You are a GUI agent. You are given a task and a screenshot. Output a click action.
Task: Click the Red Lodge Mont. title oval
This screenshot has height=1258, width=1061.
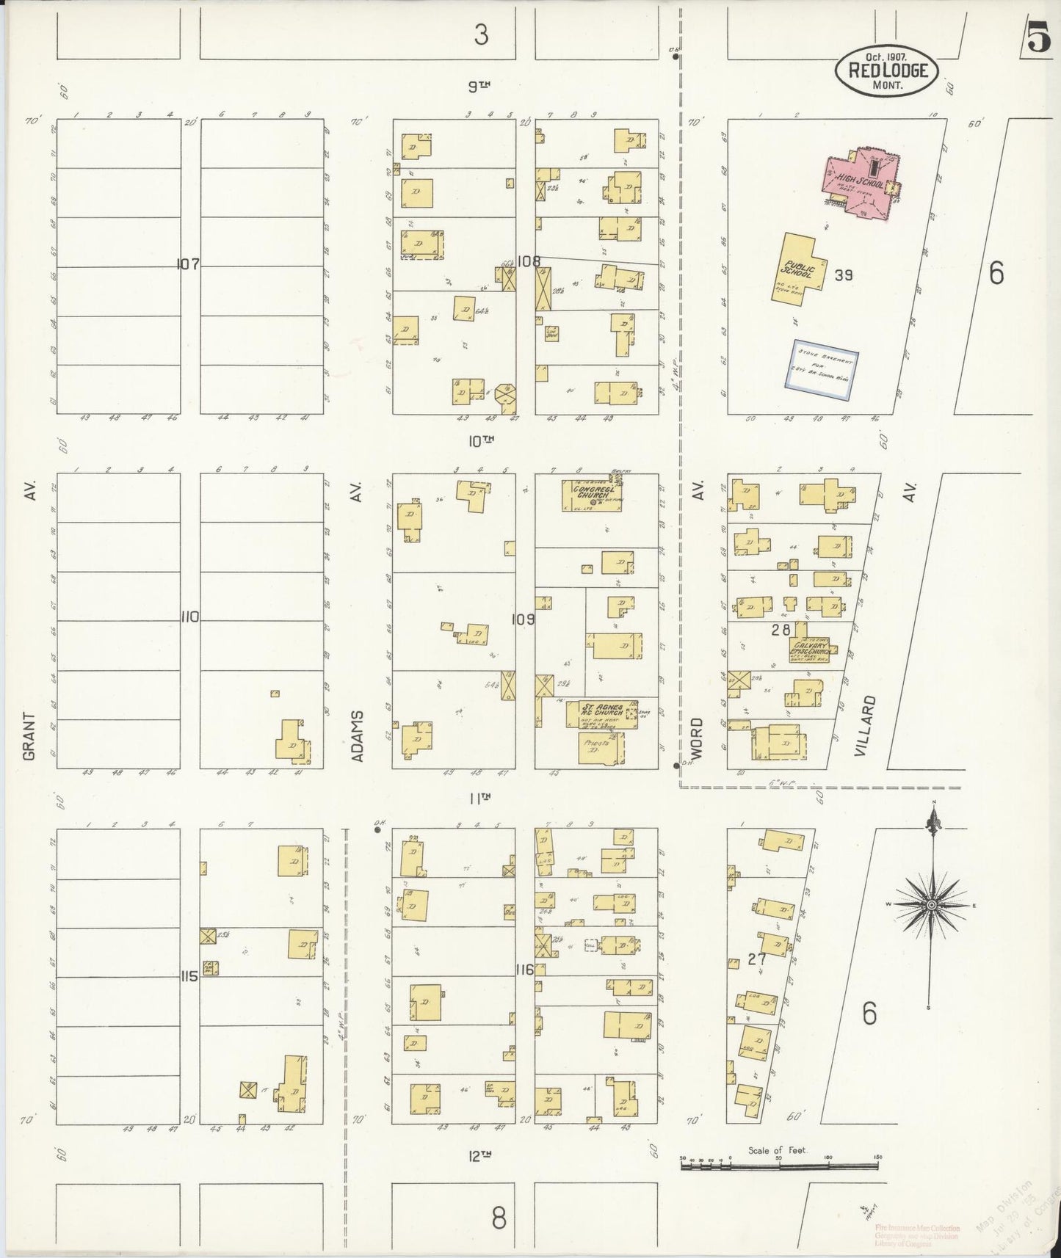886,70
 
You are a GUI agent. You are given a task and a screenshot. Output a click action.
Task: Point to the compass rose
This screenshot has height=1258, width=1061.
931,905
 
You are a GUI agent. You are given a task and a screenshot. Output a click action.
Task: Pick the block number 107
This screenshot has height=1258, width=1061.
188,264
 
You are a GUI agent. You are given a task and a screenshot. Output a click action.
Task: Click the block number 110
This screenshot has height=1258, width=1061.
189,617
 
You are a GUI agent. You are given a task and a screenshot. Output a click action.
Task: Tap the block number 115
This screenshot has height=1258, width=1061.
189,977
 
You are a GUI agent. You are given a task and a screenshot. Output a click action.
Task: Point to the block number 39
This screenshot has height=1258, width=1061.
844,275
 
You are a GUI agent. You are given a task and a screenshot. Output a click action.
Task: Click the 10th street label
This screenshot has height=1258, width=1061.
480,440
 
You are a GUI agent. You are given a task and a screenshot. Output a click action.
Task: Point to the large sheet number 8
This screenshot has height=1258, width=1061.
499,1218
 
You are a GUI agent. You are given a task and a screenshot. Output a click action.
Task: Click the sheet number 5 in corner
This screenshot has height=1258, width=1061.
1038,40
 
